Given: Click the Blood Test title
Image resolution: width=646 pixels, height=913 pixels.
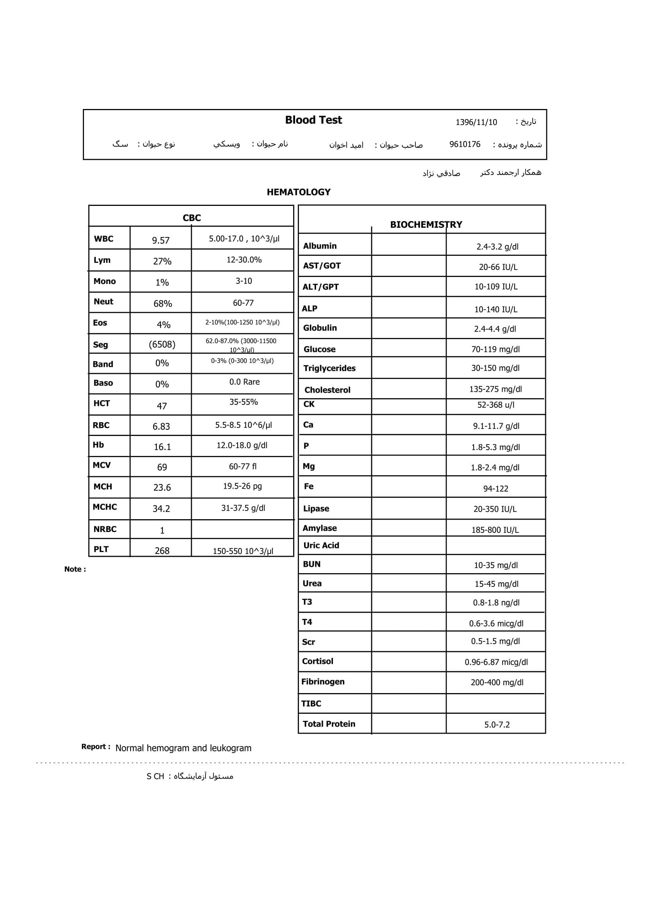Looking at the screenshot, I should pos(313,120).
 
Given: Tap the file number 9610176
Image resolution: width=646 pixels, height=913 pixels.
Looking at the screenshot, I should pos(465,144).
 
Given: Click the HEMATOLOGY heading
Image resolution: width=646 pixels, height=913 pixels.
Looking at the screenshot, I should pos(298,193).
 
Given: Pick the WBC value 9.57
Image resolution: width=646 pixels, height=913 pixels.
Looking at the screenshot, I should pos(161,241).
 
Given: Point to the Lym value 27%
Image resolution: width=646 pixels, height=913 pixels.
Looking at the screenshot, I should pos(162,262).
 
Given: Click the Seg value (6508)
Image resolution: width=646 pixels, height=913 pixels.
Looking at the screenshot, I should pos(162,344).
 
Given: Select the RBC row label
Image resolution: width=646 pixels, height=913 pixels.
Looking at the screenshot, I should pos(101,425).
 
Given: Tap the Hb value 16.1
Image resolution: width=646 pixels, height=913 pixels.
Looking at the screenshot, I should pos(162,447).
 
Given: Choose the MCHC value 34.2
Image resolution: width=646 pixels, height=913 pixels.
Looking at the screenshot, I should pos(161,509).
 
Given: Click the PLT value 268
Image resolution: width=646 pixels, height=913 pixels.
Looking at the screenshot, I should pos(162,551).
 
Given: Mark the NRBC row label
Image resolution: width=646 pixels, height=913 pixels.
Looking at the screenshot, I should pos(105,529).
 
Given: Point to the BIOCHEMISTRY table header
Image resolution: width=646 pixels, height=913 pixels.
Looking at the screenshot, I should pos(426,225).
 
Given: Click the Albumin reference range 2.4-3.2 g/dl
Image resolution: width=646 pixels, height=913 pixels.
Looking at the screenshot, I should pos(497,247).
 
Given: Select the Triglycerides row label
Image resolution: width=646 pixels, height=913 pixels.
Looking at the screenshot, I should pos(329,368).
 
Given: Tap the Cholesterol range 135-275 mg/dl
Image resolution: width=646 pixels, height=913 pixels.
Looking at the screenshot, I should pos(495,389).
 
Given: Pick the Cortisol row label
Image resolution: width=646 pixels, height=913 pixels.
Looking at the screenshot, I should pos(317,661).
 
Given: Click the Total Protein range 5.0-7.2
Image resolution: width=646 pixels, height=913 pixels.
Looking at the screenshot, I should pos(497,725).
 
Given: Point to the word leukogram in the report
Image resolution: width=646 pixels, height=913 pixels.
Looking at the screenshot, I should pos(231,748).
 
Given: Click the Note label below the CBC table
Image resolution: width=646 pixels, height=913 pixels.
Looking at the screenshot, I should pos(75,569).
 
